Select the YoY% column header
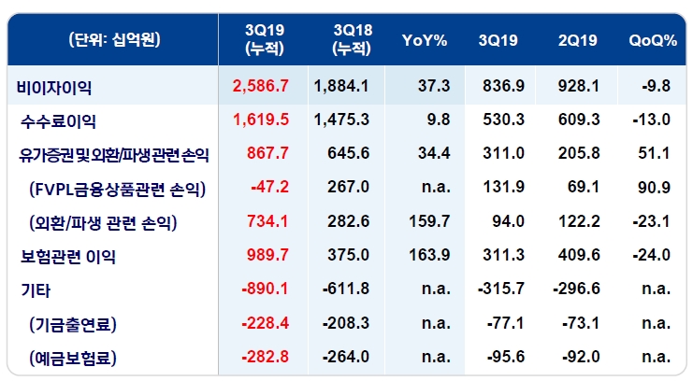(426, 39)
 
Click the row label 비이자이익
(55, 87)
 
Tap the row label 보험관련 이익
(71, 256)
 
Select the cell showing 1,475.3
(342, 120)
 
